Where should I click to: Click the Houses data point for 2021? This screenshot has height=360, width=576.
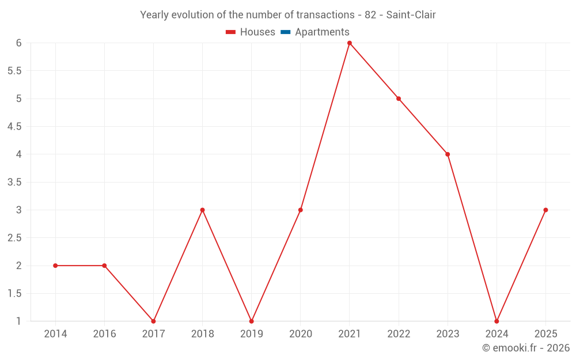[350, 43]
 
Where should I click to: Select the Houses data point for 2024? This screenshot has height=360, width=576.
[497, 321]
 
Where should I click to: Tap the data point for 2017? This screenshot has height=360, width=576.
[154, 321]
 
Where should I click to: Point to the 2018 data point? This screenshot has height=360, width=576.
[202, 210]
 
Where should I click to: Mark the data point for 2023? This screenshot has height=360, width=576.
[448, 154]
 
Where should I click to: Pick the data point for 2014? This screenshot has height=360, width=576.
[55, 266]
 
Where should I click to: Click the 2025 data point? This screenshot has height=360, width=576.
[545, 210]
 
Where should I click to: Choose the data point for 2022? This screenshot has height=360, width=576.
[399, 98]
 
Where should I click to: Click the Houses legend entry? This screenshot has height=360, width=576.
[250, 32]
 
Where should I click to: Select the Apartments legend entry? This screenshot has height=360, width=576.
[315, 32]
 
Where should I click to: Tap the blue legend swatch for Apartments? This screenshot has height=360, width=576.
[286, 32]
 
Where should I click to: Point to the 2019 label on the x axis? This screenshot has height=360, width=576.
[252, 334]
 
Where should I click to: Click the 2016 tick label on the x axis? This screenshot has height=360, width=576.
[104, 334]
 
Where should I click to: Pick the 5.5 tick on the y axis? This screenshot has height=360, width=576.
[14, 70]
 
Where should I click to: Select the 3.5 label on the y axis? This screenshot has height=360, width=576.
[14, 182]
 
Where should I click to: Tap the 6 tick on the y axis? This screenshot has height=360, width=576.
[19, 43]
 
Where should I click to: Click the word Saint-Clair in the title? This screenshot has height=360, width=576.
[411, 15]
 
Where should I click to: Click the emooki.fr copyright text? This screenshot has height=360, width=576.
[526, 347]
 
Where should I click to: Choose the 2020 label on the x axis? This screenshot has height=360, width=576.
[301, 334]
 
